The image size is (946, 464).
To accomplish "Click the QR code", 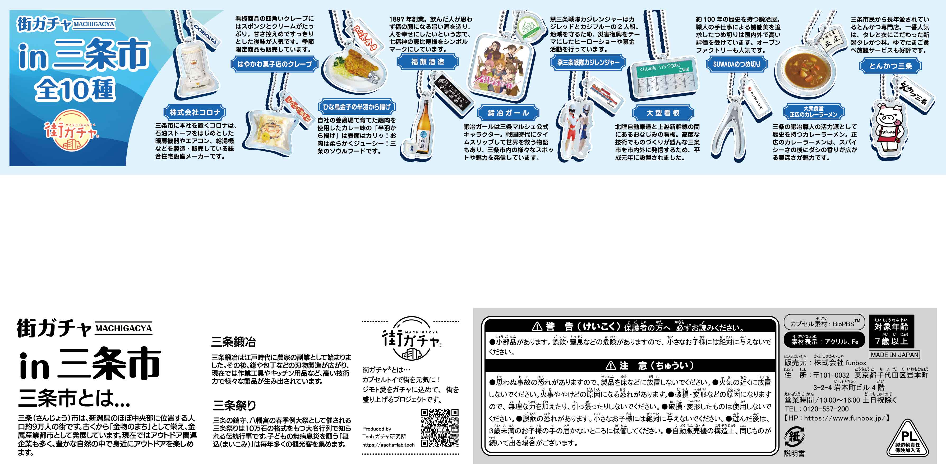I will point(440,428).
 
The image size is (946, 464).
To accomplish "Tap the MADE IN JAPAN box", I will point(894,355).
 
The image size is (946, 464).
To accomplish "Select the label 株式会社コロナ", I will point(195,112).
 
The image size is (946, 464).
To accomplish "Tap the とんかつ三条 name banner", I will point(890,66).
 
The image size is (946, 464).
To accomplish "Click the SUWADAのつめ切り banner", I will point(737,64).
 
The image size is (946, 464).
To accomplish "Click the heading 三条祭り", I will point(234,405).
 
